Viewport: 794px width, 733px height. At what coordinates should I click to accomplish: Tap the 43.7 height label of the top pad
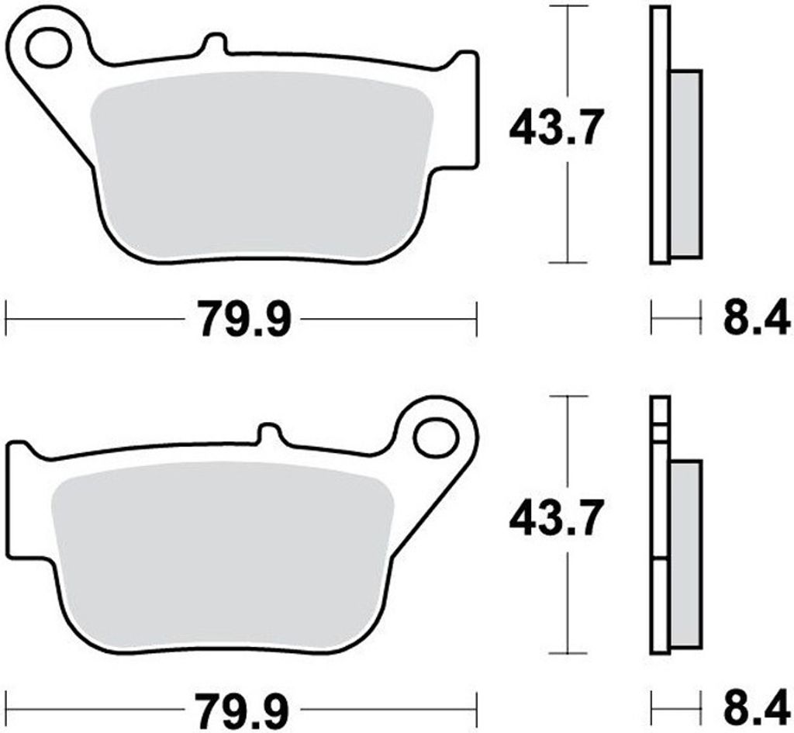tap(556, 128)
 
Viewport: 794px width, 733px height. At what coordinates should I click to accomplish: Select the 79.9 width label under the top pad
tap(245, 319)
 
